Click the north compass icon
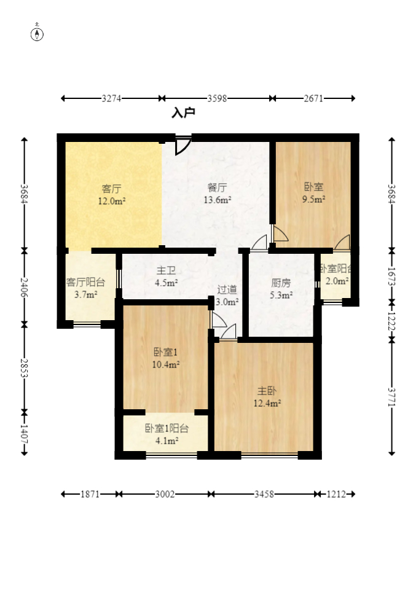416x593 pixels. point(37,33)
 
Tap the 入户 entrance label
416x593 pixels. point(183,113)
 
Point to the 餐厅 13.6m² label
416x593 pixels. point(218,193)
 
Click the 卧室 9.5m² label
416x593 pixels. point(313,192)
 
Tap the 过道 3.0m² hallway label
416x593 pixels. point(227,295)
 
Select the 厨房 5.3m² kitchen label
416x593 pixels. point(281,289)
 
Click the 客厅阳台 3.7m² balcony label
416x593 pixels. point(85,288)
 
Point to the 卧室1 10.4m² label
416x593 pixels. point(166,358)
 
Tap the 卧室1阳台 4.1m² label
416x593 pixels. point(167,434)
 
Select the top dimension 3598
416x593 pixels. point(218,98)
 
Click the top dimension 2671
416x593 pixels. point(314,98)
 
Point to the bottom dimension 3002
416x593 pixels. point(165,494)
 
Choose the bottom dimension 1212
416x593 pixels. point(335,494)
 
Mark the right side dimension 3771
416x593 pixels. point(391,396)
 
